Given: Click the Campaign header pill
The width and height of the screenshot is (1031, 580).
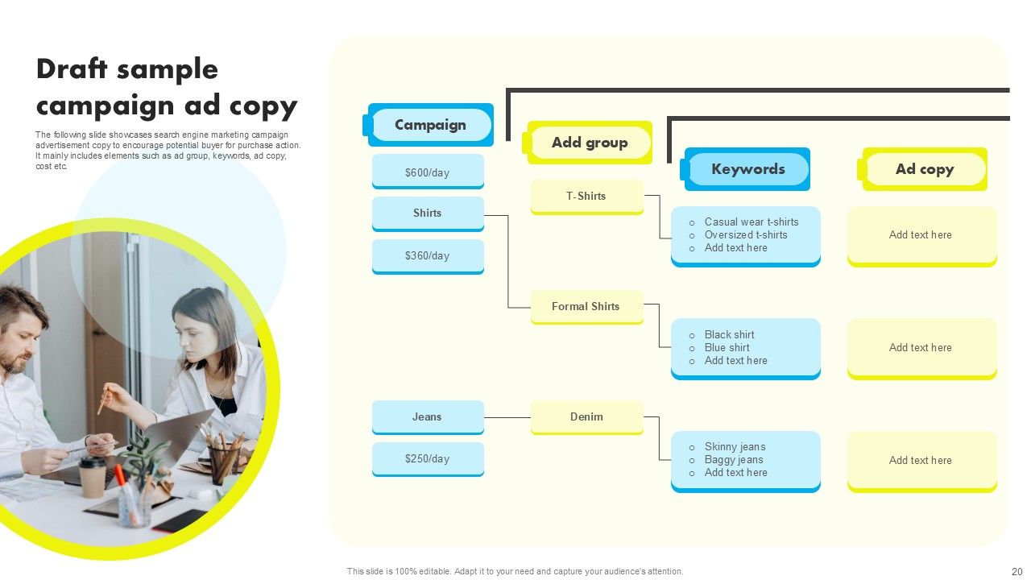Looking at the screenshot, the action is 431,125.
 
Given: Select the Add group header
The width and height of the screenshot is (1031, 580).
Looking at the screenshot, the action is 590,143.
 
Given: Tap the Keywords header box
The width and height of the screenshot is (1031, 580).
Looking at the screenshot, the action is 747,169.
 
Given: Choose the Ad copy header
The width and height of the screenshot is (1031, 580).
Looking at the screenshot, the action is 925,169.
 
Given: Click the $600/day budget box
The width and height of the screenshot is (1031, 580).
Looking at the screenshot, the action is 428,172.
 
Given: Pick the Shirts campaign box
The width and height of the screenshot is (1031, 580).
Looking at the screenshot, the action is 428,213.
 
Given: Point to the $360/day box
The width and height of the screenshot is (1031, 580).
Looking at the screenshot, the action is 428,256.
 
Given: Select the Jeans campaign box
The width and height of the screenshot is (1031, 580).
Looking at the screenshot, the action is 428,417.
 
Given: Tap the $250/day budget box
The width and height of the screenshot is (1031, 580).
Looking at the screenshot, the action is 428,459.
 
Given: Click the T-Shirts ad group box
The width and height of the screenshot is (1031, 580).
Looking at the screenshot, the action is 586,197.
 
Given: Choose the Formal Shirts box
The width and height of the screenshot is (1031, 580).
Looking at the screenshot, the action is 586,307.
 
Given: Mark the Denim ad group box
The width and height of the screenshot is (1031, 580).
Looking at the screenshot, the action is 586,417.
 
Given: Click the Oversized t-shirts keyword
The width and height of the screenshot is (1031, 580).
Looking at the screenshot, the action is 746,235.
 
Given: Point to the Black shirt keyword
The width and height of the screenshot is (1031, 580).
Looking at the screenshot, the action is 730,335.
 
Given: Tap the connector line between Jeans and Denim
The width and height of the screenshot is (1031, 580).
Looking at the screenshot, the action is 507,417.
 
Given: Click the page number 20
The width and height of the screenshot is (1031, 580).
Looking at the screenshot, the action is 1017,571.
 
